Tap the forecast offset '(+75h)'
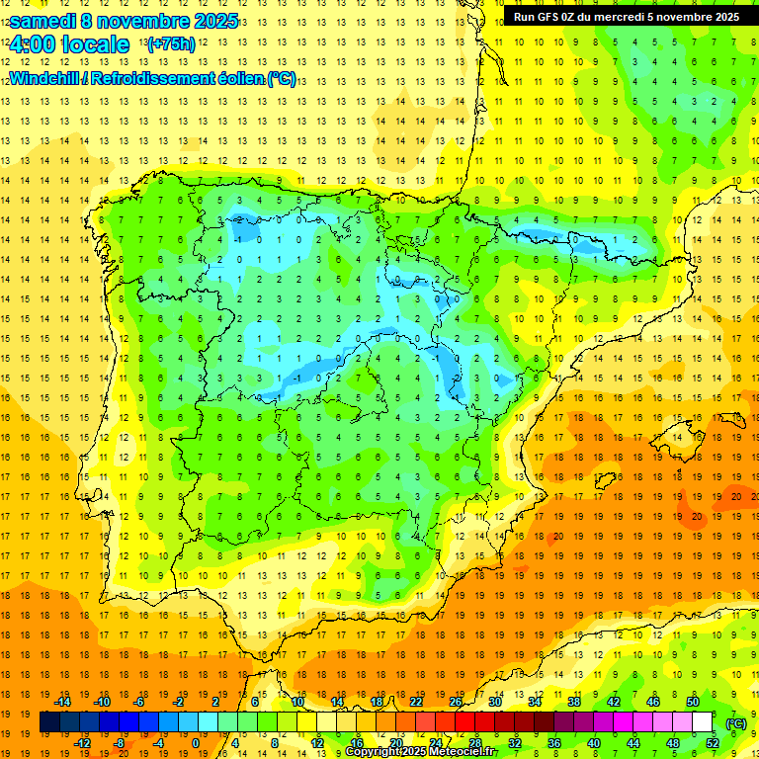[170, 44]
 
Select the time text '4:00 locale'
[68, 44]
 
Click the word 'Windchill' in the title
[45, 78]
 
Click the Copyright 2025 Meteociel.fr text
[420, 752]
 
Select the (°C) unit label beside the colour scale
[736, 723]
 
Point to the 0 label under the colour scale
[195, 743]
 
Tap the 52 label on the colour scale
[713, 743]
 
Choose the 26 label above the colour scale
[456, 702]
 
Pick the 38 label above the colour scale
[574, 702]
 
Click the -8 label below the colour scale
[120, 743]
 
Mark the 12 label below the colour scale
[317, 743]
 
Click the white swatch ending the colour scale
[703, 722]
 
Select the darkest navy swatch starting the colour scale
[49, 722]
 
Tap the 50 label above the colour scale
[693, 702]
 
